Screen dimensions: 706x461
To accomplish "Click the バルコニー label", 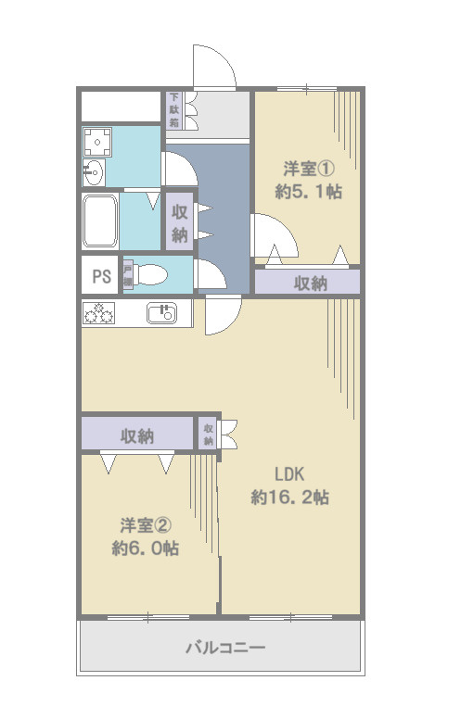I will (x=225, y=647).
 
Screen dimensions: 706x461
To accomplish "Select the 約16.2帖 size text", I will (x=289, y=498).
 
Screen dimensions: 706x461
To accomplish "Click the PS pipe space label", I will (x=100, y=276).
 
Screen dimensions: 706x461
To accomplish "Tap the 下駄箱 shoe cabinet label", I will (x=173, y=109).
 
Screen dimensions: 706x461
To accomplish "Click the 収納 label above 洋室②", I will (x=137, y=435).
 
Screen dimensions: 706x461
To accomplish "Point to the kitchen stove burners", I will (x=98, y=314).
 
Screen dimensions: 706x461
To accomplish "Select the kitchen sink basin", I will (x=161, y=313).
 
